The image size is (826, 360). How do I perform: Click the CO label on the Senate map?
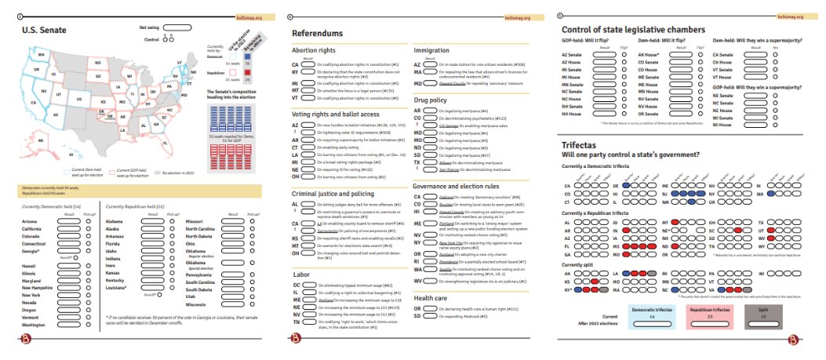[x=79, y=100]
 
